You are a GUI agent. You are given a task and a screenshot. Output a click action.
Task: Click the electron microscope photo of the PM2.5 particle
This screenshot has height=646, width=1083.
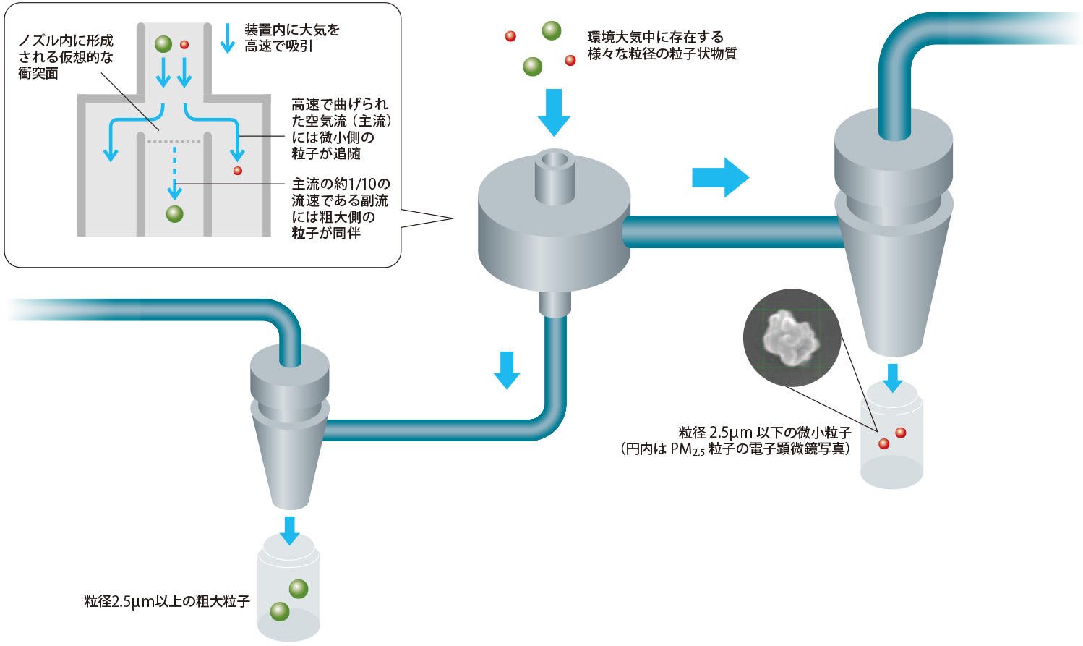point(792,337)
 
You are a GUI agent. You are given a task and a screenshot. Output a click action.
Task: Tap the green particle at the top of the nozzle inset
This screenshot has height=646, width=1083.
point(163,44)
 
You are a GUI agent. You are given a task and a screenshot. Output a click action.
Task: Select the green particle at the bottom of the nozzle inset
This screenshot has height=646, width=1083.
point(174,213)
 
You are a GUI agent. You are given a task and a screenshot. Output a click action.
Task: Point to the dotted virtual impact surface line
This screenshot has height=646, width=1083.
point(174,141)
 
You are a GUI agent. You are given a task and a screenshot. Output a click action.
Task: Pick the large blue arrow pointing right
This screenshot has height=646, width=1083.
point(720,177)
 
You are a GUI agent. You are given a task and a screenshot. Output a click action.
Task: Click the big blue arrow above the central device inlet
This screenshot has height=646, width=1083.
point(554,112)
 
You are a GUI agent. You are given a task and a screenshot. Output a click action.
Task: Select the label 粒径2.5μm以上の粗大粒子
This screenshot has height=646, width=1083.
point(167,601)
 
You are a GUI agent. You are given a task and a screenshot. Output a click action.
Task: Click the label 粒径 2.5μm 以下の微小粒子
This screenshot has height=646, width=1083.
point(765,433)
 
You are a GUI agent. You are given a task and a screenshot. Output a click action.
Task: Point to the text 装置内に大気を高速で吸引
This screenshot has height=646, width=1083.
point(291,38)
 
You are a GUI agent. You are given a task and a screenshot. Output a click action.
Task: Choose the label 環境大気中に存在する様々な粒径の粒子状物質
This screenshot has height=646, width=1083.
point(662,45)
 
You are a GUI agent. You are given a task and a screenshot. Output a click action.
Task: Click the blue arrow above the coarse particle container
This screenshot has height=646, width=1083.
point(290,530)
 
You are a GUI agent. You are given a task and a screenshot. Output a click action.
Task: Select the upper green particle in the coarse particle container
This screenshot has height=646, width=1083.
point(299,589)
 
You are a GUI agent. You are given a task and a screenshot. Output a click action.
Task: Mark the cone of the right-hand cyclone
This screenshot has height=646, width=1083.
point(892,289)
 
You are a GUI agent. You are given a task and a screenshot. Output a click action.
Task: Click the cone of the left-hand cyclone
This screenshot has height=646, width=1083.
point(290,463)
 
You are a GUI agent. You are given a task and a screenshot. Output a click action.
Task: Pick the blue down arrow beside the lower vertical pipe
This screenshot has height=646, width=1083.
point(507,370)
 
